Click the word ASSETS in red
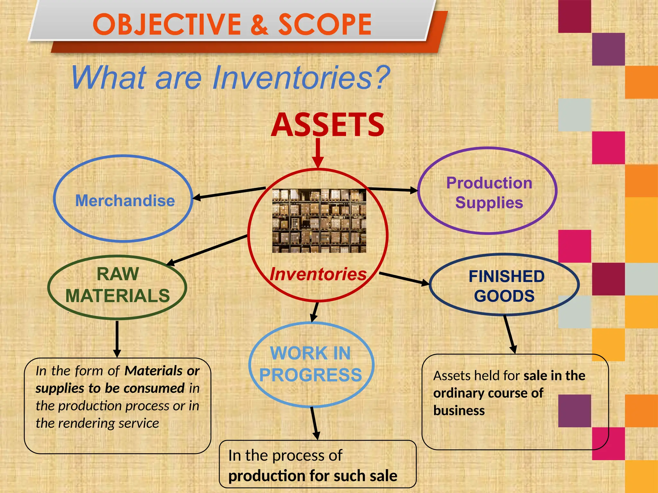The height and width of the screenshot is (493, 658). point(327,125)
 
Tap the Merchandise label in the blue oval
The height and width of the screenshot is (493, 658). point(125,201)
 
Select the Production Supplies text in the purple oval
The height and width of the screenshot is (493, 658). point(489,193)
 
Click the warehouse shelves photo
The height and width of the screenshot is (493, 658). point(319,221)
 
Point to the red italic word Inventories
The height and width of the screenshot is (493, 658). point(318,274)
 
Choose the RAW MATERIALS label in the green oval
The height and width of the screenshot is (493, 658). point(118,285)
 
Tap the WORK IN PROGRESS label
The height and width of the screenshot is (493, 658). point(311,364)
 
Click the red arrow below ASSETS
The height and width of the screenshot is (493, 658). point(318,152)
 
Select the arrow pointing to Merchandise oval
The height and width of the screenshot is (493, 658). point(228,193)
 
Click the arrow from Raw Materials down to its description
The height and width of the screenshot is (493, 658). point(117,339)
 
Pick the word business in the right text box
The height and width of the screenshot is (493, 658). point(459,411)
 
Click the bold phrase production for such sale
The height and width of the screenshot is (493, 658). point(313,476)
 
